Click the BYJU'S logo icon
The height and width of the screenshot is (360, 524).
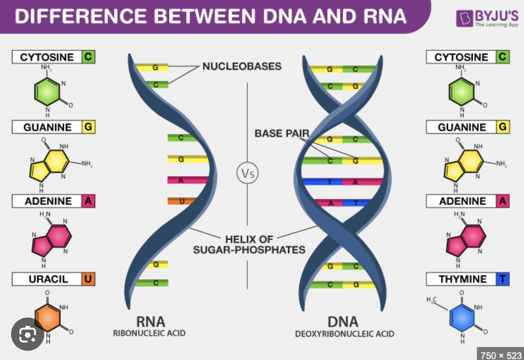pos(464,18)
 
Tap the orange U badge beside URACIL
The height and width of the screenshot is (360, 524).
pos(88,279)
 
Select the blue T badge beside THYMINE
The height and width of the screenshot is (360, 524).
pos(503,279)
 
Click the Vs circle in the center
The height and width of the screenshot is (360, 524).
pos(247,174)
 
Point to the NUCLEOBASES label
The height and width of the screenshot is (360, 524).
pos(242,66)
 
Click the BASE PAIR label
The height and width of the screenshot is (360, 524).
pos(281,133)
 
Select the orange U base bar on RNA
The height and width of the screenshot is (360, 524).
pos(181,201)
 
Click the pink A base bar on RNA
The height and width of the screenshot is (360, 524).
pos(181,180)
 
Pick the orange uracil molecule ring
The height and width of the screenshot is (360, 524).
pos(48,319)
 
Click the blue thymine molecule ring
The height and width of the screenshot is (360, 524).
pos(462,319)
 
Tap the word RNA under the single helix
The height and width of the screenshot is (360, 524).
pos(150,322)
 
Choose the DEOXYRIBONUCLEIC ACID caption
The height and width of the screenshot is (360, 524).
pos(345,334)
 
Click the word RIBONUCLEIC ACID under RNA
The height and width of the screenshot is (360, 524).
pos(149,333)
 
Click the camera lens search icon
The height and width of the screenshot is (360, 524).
pos(28,333)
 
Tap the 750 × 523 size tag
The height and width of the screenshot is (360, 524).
pos(500,354)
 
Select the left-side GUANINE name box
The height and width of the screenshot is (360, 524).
pos(48,127)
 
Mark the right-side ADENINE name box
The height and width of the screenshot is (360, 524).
pos(462,201)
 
